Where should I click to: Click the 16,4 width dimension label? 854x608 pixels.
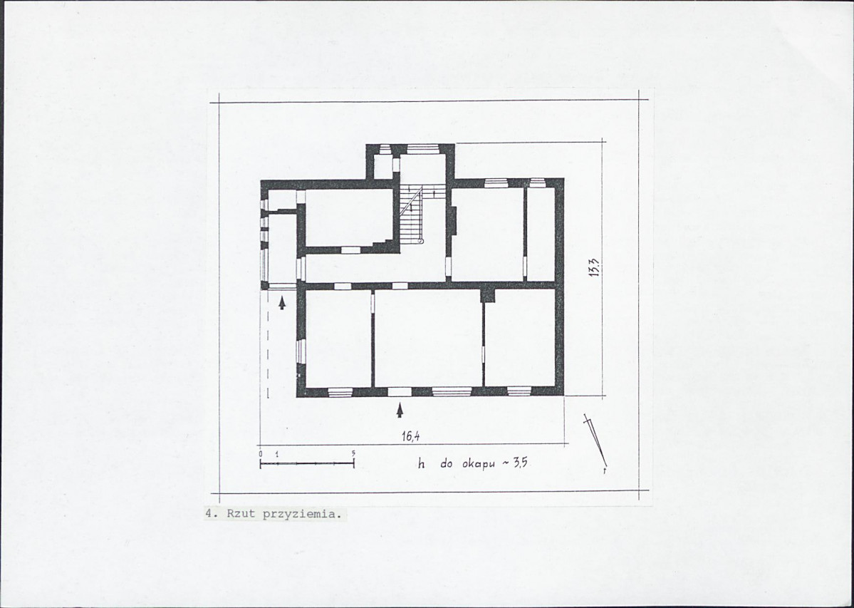coord(410,436)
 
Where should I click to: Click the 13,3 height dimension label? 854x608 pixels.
coord(594,267)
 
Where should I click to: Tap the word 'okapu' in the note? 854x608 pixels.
coord(478,465)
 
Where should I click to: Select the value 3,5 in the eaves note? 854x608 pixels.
coord(519,463)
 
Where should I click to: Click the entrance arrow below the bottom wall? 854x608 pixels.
coord(400,410)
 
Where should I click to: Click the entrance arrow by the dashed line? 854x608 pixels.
coord(281,303)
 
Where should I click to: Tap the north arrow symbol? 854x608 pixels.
coord(595,443)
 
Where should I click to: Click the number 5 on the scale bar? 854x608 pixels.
coord(353,453)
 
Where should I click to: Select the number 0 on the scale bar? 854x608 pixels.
coord(261,453)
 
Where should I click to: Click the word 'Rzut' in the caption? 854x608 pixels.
coord(241,513)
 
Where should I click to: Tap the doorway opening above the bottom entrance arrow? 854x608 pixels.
coord(400,391)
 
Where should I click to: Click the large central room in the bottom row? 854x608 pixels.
coord(428,338)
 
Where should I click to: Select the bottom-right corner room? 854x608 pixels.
coord(519,338)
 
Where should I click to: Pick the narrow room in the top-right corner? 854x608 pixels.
coord(541,235)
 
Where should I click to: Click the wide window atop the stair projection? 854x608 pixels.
coord(423,149)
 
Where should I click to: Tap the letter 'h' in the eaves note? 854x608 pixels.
coord(421,464)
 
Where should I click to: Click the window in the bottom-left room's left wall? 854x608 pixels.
coord(301,351)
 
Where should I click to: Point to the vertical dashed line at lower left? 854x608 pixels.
coord(268,344)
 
